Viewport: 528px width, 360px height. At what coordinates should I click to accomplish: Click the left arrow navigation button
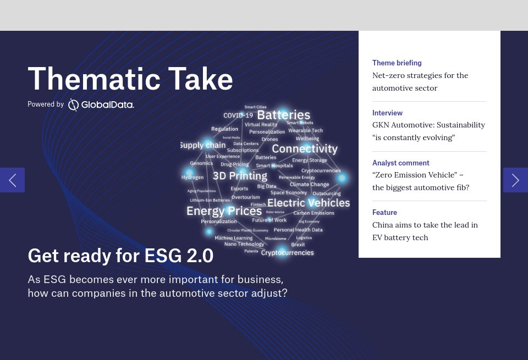point(12,180)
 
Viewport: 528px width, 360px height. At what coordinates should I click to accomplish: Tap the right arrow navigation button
point(515,180)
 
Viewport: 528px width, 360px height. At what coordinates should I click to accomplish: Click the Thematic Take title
point(130,79)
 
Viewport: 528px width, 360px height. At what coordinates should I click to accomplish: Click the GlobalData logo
point(101,104)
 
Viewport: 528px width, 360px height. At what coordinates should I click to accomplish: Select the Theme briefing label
point(397,63)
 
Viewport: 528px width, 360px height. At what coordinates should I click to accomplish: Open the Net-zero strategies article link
point(420,81)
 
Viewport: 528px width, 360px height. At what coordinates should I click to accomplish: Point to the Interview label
point(387,113)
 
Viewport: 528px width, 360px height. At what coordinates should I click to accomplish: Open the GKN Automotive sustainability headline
point(428,131)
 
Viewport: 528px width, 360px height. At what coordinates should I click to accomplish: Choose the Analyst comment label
point(400,163)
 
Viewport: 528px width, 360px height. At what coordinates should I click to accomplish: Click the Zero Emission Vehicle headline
point(420,181)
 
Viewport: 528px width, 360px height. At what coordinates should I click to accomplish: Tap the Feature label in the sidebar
point(384,213)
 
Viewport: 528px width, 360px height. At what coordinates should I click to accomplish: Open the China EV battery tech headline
point(425,231)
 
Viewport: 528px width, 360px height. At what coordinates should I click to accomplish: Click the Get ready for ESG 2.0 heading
point(120,256)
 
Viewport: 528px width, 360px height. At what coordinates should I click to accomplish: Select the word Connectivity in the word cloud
point(304,149)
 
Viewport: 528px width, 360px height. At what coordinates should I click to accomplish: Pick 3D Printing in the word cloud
point(240,176)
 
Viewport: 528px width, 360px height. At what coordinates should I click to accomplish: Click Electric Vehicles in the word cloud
point(308,203)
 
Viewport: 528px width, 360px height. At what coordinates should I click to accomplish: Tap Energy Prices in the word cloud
point(224,211)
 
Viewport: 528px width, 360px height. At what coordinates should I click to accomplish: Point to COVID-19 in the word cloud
point(238,115)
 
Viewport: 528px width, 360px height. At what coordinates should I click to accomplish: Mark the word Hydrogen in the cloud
point(193,178)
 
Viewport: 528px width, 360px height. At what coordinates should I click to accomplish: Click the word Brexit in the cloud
point(298,245)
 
